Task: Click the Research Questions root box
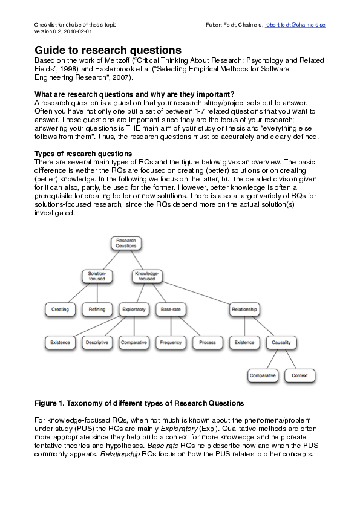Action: [126, 243]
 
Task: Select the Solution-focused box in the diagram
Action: [97, 276]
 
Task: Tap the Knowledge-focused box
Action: [147, 276]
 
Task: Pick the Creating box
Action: [60, 309]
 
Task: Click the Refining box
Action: [97, 309]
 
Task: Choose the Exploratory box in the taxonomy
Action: [134, 309]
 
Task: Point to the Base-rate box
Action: [171, 309]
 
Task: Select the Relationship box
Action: [244, 309]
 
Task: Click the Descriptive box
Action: [97, 342]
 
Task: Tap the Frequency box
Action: [171, 342]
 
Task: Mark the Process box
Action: [208, 342]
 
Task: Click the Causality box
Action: [281, 342]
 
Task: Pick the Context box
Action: [299, 375]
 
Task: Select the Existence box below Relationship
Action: [244, 342]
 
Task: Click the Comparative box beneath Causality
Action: [263, 375]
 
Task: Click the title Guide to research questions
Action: [108, 50]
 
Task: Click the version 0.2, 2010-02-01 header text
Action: [63, 31]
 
